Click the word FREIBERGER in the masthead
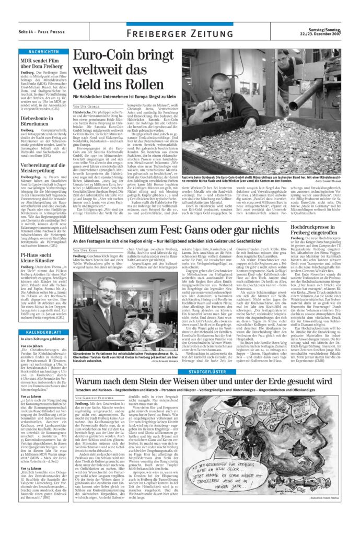click(x=155, y=34)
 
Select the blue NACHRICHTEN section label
click(x=43, y=52)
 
